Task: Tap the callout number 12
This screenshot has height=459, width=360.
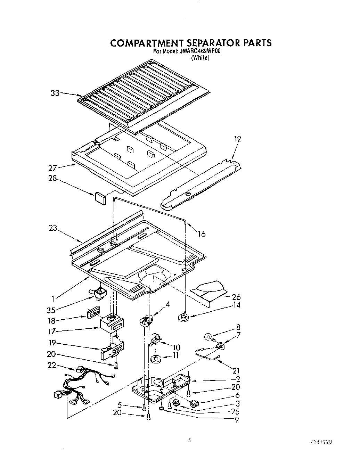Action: [x=237, y=139]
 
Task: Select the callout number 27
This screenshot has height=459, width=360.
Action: [x=52, y=169]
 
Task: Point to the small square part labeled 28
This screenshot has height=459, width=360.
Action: [x=100, y=197]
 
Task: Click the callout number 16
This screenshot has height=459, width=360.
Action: [x=202, y=234]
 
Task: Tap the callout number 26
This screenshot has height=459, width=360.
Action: [x=236, y=297]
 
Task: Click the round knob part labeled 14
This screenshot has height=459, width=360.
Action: [x=182, y=317]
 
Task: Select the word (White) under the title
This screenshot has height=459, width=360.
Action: [x=201, y=58]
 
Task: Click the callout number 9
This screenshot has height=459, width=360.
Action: [x=237, y=419]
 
